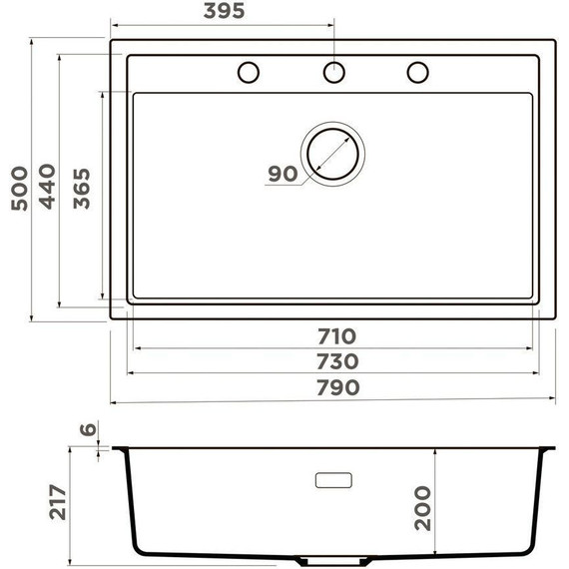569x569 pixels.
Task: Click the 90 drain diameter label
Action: point(283,174)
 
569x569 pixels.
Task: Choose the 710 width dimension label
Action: point(336,335)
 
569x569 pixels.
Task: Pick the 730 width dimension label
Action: point(336,359)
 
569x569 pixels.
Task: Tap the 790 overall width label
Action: point(336,386)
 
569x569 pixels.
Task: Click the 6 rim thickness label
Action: point(87,430)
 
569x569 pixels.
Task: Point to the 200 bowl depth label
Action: point(421,507)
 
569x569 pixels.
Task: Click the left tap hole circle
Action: point(249,72)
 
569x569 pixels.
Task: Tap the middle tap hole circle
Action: point(333,72)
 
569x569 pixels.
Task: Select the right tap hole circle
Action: point(417,72)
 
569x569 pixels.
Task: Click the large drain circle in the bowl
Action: point(333,154)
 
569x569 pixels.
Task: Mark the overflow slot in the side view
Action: point(333,480)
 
